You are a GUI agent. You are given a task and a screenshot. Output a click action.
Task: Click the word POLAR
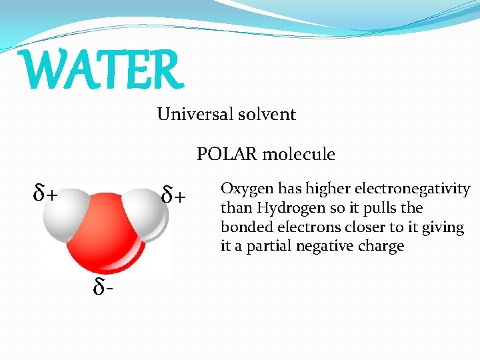click(227, 155)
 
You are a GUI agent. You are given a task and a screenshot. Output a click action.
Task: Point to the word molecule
click(299, 155)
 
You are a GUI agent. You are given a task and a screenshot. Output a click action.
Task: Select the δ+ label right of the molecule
click(175, 196)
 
